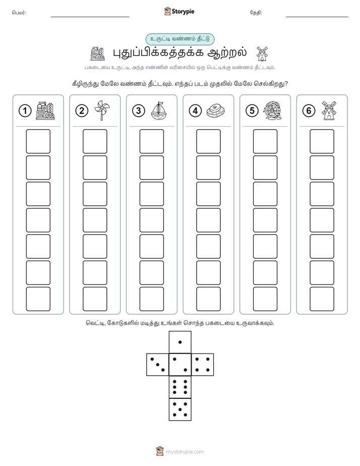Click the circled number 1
(x=25, y=111)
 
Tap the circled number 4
(x=195, y=111)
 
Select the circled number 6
(x=309, y=111)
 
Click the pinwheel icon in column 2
(x=102, y=110)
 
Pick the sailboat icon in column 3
(x=159, y=110)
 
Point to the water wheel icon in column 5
(x=272, y=110)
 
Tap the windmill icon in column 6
(x=329, y=110)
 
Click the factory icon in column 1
(x=45, y=110)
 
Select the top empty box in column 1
(x=38, y=141)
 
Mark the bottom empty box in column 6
(x=322, y=299)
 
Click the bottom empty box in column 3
(x=151, y=299)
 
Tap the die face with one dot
(x=180, y=342)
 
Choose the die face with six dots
(x=180, y=387)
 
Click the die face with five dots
(x=180, y=410)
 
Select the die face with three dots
(x=158, y=365)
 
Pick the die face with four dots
(x=203, y=365)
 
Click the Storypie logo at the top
(x=179, y=12)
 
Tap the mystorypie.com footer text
(x=185, y=452)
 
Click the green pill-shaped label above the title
(x=180, y=39)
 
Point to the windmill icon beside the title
(x=262, y=53)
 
